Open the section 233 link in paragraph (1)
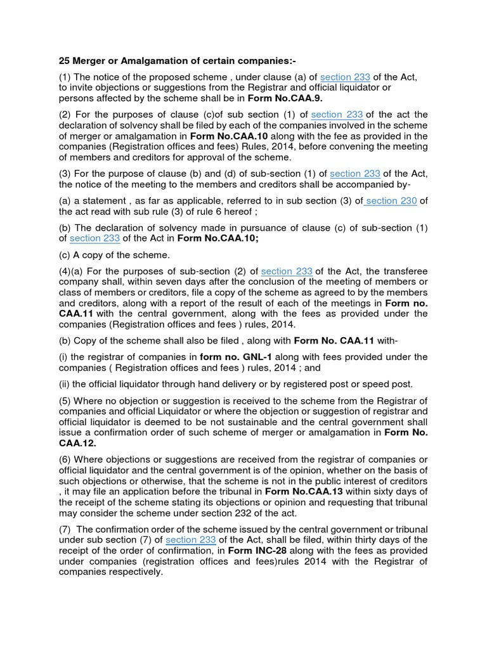pyautogui.click(x=345, y=77)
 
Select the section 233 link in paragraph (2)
pyautogui.click(x=337, y=115)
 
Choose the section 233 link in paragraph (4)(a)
pyautogui.click(x=287, y=271)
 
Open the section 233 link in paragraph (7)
pyautogui.click(x=191, y=540)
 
